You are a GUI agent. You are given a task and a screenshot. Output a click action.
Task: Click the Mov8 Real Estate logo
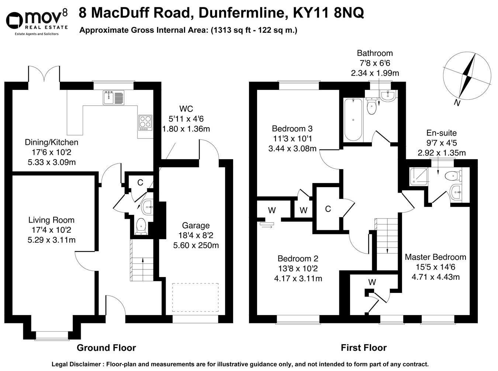point(37,22)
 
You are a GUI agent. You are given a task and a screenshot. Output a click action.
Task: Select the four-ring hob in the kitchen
point(145,122)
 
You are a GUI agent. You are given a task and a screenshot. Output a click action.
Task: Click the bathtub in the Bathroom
point(353,119)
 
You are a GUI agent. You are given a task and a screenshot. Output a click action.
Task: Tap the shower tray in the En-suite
point(419,176)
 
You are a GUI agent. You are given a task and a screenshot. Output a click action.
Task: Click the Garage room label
point(196,225)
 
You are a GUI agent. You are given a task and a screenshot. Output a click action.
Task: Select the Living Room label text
point(51,220)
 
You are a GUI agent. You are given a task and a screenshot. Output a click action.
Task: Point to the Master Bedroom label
point(435,257)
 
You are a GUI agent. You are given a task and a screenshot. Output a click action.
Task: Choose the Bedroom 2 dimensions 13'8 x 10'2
point(298,269)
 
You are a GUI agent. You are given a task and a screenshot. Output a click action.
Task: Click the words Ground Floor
point(106,347)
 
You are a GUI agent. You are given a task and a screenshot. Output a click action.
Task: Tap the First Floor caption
point(363,347)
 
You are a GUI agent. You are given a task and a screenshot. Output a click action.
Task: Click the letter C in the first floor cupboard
point(328,209)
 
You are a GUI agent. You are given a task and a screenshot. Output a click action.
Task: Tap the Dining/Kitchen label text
point(51,142)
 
